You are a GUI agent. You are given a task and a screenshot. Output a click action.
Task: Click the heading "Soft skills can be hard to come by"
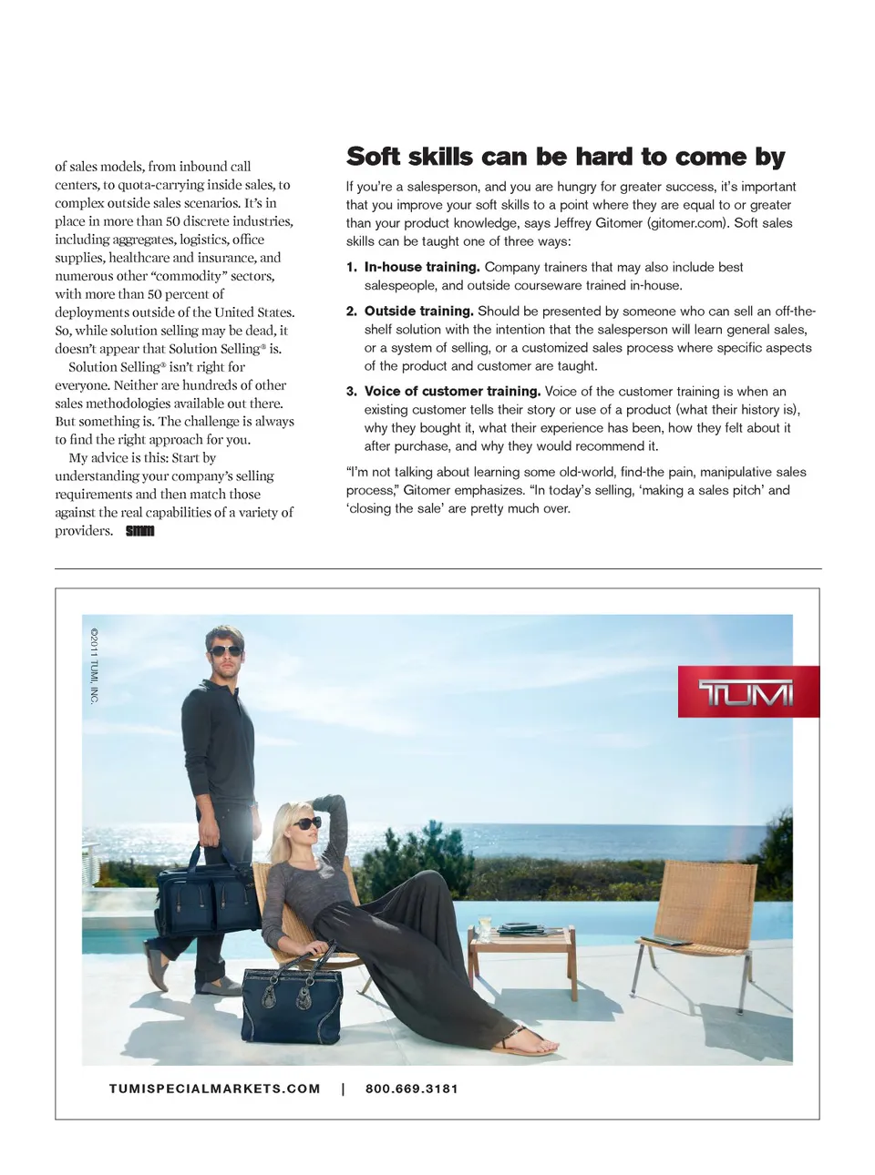(565, 157)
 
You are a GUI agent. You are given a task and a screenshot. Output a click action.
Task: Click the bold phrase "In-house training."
(422, 267)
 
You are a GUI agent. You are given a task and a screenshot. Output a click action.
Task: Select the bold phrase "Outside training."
(419, 311)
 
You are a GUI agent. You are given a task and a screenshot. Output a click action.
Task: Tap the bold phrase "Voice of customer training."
(452, 391)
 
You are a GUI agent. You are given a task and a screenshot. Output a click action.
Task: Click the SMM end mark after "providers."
(139, 531)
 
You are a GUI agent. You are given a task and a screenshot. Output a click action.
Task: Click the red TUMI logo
(747, 692)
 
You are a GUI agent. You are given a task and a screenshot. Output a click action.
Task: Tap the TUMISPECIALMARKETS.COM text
(214, 1088)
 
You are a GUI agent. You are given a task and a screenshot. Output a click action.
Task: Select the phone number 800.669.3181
(412, 1088)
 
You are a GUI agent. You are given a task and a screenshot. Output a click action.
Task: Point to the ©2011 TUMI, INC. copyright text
(94, 665)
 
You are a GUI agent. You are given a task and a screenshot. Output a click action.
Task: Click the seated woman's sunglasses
(306, 822)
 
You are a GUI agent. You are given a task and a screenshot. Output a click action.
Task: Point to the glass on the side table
(484, 925)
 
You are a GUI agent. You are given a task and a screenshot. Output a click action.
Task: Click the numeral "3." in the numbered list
(352, 391)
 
